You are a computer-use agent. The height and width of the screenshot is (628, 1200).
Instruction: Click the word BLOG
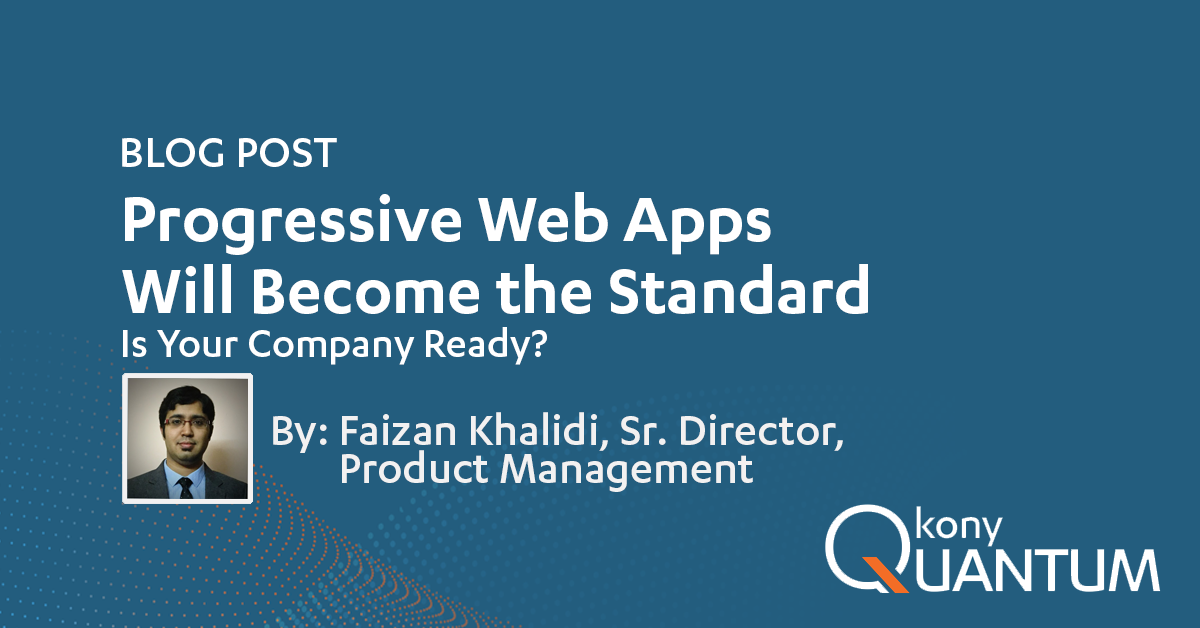click(172, 153)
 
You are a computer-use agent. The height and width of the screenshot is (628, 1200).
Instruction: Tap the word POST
click(287, 153)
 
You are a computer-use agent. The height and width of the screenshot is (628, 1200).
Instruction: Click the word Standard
click(739, 289)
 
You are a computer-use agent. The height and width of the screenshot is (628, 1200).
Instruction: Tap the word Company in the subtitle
click(330, 345)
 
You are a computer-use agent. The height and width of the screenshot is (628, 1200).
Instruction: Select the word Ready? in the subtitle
click(485, 345)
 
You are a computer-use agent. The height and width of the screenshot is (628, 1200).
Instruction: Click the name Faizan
click(398, 431)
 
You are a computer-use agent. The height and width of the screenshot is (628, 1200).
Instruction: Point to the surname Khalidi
click(539, 430)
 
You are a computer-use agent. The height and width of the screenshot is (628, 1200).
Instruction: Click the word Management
click(626, 470)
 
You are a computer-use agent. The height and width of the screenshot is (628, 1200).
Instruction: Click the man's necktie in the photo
click(185, 488)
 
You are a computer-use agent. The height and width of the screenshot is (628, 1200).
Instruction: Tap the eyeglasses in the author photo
click(186, 423)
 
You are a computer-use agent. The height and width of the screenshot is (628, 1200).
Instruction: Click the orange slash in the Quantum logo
click(885, 574)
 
